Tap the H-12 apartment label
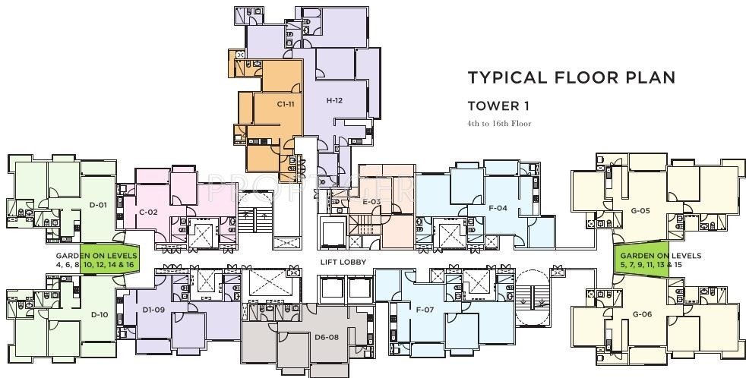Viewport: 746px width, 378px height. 334,100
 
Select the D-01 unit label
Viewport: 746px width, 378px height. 98,204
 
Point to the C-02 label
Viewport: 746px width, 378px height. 148,212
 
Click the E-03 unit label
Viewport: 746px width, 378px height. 371,201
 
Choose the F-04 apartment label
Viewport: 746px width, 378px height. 498,207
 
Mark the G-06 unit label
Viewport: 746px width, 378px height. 642,313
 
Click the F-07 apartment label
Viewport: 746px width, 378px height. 424,310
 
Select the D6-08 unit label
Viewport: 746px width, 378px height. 326,335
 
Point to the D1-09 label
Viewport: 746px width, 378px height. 153,310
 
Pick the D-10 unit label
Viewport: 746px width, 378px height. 99,313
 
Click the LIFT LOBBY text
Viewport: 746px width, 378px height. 343,262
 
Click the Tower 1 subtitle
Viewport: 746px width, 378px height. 498,106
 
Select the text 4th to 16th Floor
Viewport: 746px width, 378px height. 499,123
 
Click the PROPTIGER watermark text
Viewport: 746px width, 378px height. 311,184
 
